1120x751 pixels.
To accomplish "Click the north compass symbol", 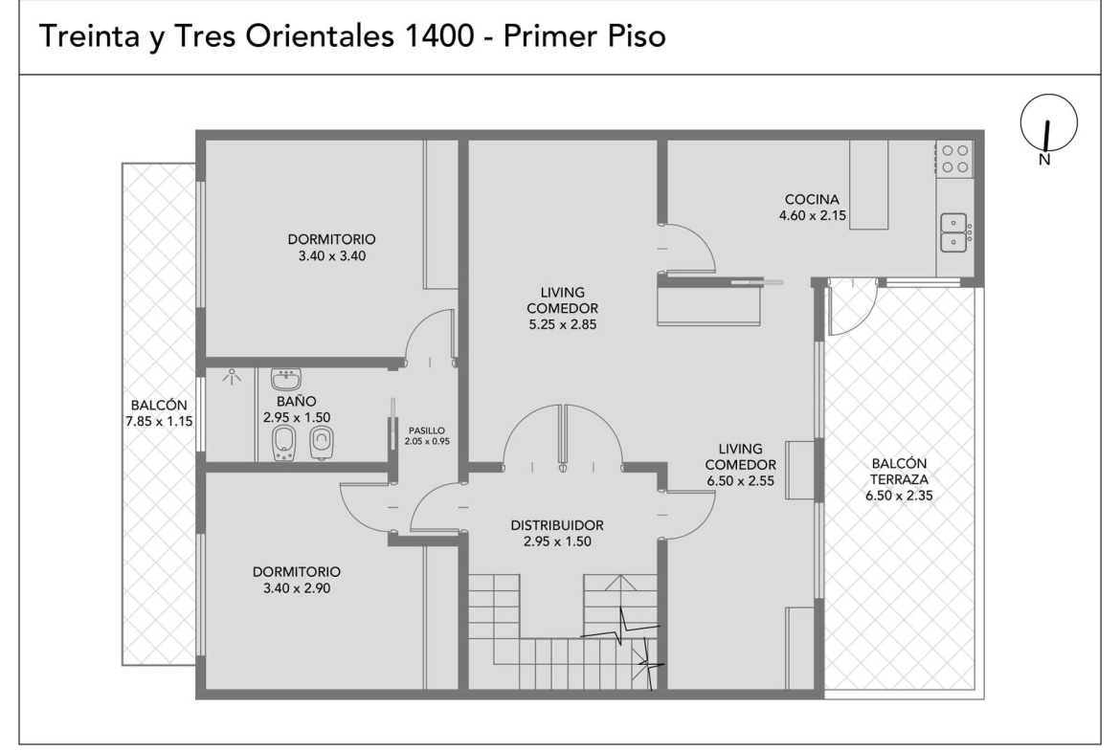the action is tap(1048, 122).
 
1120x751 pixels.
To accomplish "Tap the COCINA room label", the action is tap(812, 199).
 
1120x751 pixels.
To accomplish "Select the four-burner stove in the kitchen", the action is tap(954, 159).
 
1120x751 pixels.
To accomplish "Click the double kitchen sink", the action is tap(953, 232).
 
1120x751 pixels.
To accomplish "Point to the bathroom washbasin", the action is tap(285, 378).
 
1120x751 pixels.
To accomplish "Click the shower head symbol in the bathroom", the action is tap(231, 376).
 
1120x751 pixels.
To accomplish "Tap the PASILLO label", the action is tap(426, 431).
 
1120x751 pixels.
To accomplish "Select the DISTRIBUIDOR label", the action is tap(557, 524).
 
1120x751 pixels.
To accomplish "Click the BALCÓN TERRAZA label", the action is tap(899, 471).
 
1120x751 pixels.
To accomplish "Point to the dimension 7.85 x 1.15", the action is tap(159, 421).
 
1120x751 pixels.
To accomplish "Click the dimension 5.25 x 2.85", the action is tap(562, 325).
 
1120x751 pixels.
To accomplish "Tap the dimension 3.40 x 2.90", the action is tap(297, 588).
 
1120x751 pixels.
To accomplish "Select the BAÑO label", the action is tap(297, 401).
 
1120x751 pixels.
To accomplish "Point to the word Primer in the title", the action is tap(550, 35).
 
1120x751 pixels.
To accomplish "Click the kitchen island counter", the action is tap(868, 185).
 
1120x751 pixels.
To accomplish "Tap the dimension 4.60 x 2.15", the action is tap(812, 215).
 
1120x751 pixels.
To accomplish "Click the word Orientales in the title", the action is tap(320, 35).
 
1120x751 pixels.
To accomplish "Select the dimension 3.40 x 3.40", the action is tap(331, 255).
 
